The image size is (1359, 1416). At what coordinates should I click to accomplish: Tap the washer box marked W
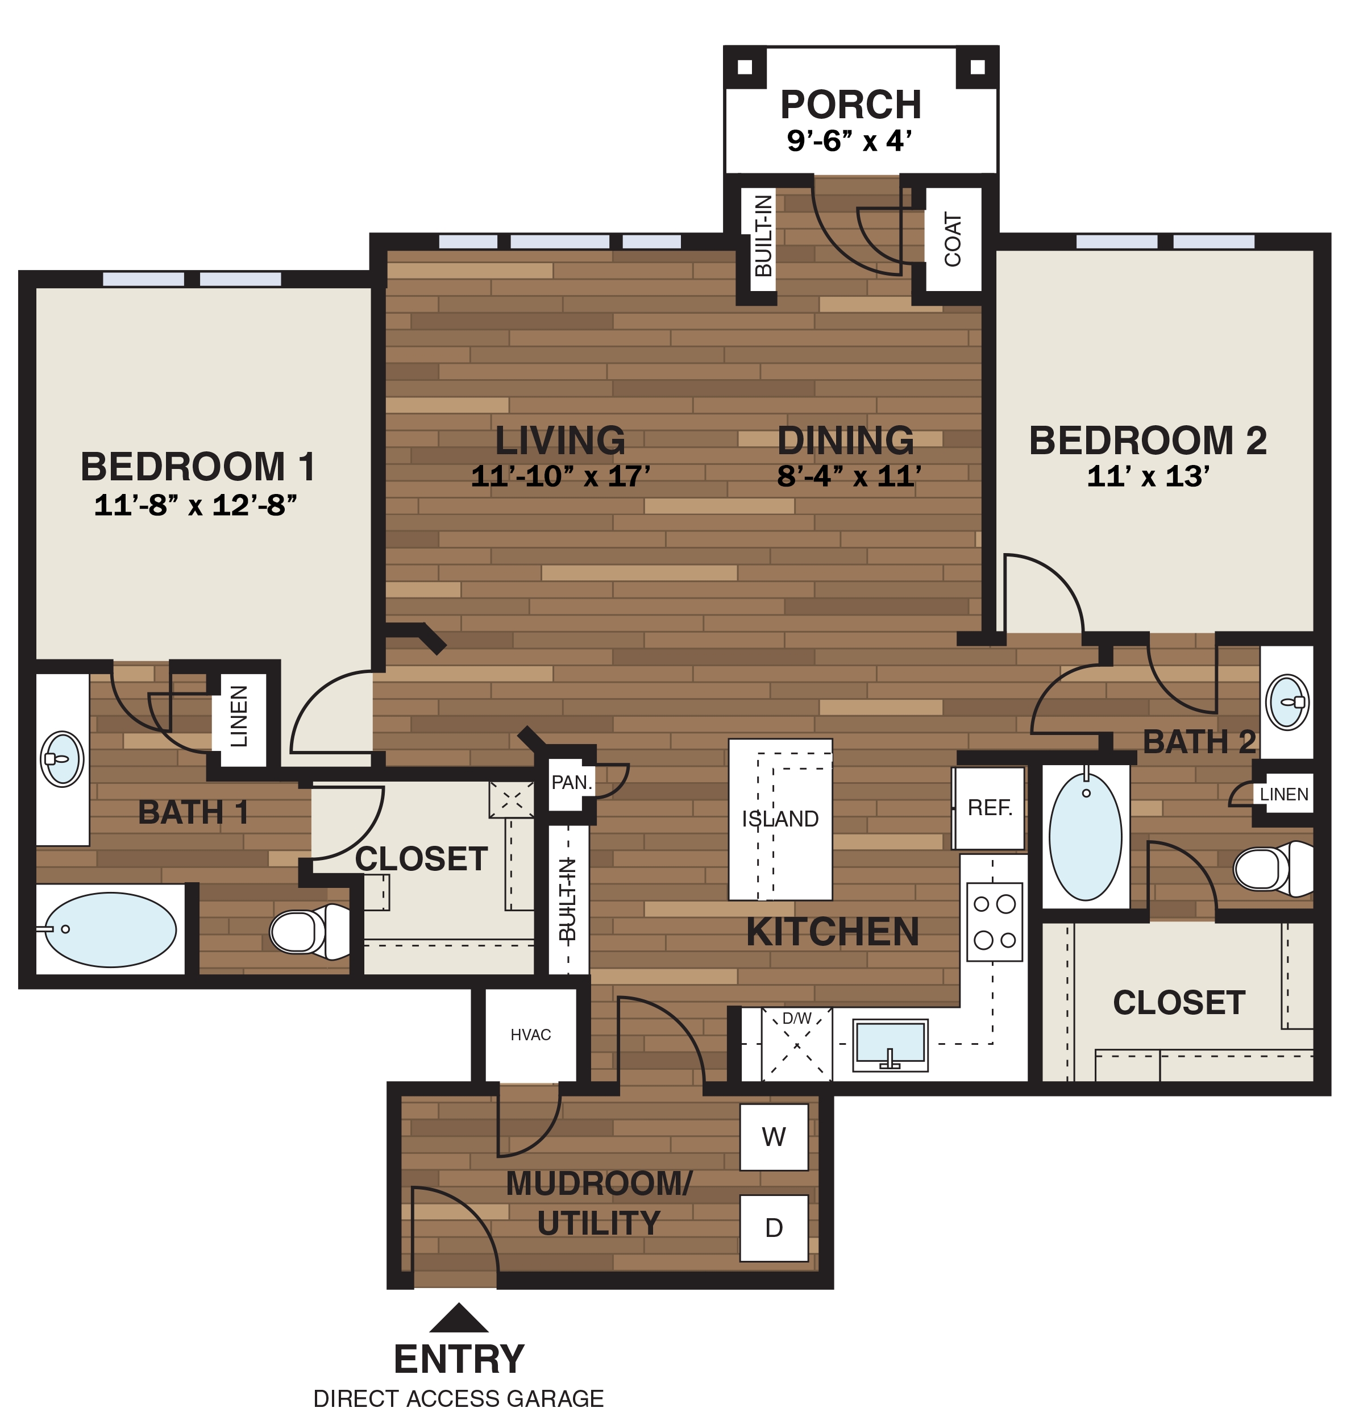point(773,1136)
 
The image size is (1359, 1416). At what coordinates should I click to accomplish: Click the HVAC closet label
point(530,1035)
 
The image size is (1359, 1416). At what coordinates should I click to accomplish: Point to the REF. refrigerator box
point(989,808)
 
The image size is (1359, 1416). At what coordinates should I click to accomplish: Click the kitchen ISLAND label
point(780,819)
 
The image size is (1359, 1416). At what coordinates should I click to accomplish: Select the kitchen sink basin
point(890,1043)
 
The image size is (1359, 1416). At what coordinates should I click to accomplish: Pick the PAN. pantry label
point(571,782)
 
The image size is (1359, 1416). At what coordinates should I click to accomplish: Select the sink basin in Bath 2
point(1287,701)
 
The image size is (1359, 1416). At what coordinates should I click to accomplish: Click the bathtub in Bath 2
point(1084,837)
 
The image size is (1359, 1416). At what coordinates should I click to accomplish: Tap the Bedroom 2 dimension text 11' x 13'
point(1148,476)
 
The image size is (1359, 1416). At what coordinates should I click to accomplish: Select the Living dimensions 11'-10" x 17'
point(560,476)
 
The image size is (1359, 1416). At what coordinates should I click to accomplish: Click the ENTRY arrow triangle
point(459,1320)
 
